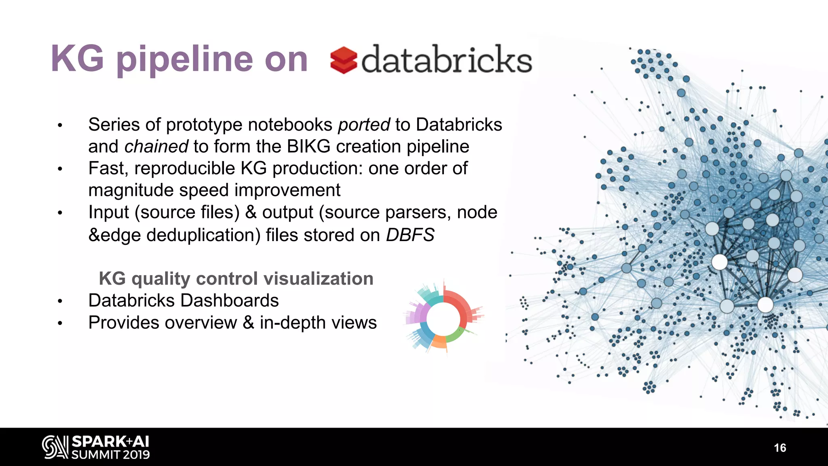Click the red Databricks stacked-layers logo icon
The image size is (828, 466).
coord(343,60)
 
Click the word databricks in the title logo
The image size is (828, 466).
coord(446,60)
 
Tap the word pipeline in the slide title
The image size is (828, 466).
coord(184,60)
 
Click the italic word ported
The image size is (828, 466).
coord(364,125)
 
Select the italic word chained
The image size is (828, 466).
coord(156,146)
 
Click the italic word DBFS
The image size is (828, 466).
coord(410,235)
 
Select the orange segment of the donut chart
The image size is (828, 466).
coord(439,342)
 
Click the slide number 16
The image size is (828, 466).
coord(779,448)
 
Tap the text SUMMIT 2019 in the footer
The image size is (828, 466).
coord(110,455)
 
